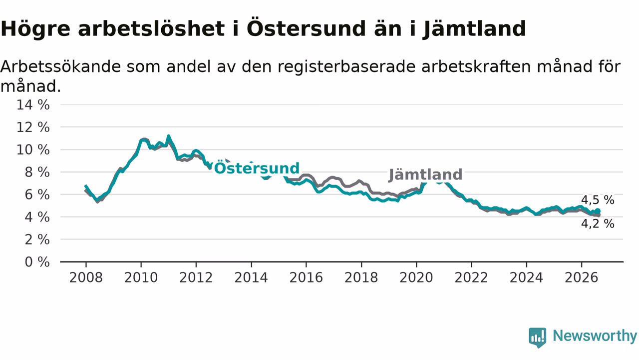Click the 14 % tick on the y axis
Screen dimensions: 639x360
[x=33, y=105]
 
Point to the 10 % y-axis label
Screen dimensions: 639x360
[x=33, y=149]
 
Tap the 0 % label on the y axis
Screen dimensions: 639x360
[x=37, y=262]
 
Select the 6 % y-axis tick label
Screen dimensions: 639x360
[x=37, y=195]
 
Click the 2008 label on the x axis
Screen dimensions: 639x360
[x=86, y=277]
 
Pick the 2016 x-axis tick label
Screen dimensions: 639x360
[x=306, y=277]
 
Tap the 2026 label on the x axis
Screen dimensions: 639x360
[x=582, y=277]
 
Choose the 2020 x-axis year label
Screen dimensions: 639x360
[x=416, y=277]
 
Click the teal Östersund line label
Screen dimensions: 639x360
[x=257, y=168]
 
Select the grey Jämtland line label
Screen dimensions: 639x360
[x=425, y=174]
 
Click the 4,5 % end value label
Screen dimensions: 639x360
[x=598, y=200]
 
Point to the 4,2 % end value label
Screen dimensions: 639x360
[x=598, y=223]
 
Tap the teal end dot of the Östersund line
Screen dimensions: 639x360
[x=598, y=211]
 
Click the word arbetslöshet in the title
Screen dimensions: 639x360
[x=151, y=28]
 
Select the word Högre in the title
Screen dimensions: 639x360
[x=35, y=29]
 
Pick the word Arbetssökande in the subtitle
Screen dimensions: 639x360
[x=61, y=66]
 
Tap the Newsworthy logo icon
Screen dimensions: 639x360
[x=538, y=337]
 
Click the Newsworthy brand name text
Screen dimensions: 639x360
[x=595, y=335]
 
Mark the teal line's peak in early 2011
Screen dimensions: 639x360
[x=169, y=136]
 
